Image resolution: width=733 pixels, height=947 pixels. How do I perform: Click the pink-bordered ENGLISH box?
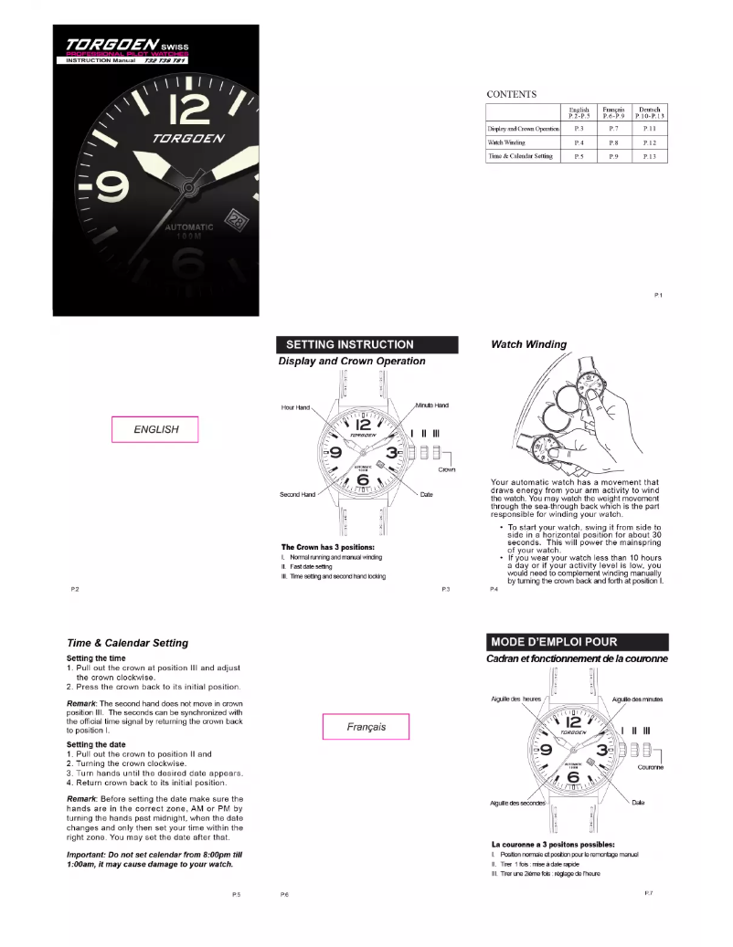click(155, 429)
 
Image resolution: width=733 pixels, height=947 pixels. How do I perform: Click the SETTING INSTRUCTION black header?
click(366, 345)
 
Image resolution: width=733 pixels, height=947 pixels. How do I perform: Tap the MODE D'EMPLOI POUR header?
click(579, 642)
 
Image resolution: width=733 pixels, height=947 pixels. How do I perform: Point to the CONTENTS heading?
click(511, 94)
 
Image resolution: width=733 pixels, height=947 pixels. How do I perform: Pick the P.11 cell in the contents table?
click(649, 130)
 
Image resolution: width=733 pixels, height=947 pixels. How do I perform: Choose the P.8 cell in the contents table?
click(613, 143)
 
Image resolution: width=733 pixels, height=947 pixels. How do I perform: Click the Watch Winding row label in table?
click(505, 143)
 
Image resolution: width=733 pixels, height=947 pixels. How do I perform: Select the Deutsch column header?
click(649, 112)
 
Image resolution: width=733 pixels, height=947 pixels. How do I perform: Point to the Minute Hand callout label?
click(431, 405)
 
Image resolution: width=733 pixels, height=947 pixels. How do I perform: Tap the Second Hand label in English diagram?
click(297, 494)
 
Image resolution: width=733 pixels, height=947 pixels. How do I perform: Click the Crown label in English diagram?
click(447, 469)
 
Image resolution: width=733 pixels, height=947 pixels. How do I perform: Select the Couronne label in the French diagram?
click(650, 767)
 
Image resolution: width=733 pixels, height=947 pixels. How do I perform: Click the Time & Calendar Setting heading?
click(127, 643)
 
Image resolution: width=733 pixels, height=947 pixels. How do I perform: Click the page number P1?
click(658, 295)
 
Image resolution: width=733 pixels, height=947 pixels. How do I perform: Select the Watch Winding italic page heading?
click(528, 344)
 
